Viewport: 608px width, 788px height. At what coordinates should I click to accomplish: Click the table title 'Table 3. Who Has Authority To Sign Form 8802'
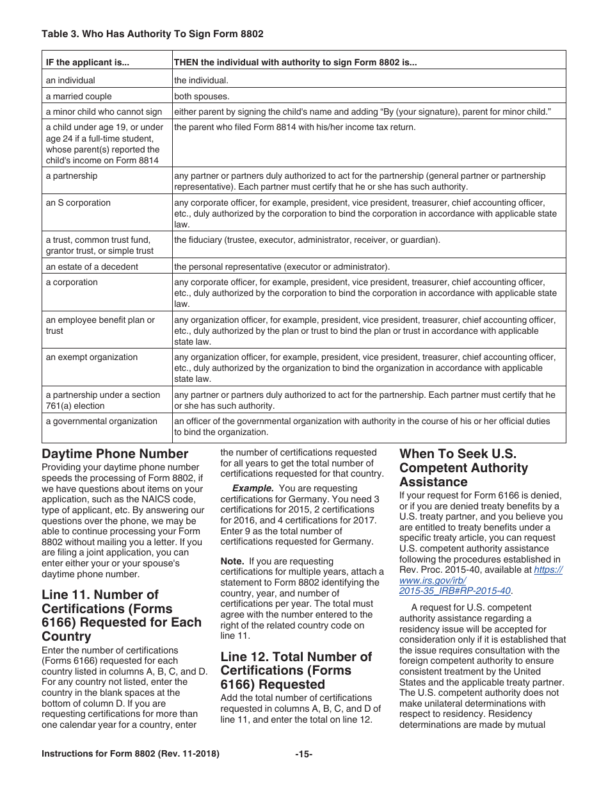click(x=152, y=33)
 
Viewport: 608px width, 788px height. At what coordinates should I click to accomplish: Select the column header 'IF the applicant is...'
click(x=87, y=63)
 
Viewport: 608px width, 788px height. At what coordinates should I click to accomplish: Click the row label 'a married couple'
click(x=78, y=96)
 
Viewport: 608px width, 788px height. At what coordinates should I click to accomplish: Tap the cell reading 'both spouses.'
click(x=201, y=96)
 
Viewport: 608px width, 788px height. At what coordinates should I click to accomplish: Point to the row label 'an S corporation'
click(x=78, y=202)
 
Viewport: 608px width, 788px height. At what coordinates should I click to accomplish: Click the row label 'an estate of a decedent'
click(x=92, y=267)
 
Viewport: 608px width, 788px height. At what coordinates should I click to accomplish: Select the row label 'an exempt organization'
click(x=92, y=357)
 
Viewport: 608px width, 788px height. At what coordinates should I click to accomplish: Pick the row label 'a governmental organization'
click(x=101, y=421)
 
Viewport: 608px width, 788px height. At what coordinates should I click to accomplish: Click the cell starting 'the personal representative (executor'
click(x=282, y=267)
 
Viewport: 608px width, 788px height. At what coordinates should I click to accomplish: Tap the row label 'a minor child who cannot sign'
click(x=104, y=111)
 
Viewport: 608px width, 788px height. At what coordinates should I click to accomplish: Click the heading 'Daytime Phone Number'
click(x=115, y=454)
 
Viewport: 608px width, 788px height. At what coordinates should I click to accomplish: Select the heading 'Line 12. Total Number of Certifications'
click(x=296, y=670)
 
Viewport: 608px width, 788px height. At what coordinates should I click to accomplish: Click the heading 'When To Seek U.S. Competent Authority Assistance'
click(x=463, y=468)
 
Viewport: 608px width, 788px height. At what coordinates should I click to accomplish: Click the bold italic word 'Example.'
click(x=253, y=488)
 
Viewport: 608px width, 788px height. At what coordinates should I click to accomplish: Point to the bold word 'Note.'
click(x=232, y=561)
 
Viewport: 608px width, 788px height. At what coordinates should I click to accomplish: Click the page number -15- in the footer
click(x=304, y=754)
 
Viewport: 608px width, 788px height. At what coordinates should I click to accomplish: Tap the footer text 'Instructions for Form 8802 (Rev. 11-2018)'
click(x=131, y=754)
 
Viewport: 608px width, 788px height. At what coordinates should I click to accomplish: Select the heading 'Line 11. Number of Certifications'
click(x=122, y=615)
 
